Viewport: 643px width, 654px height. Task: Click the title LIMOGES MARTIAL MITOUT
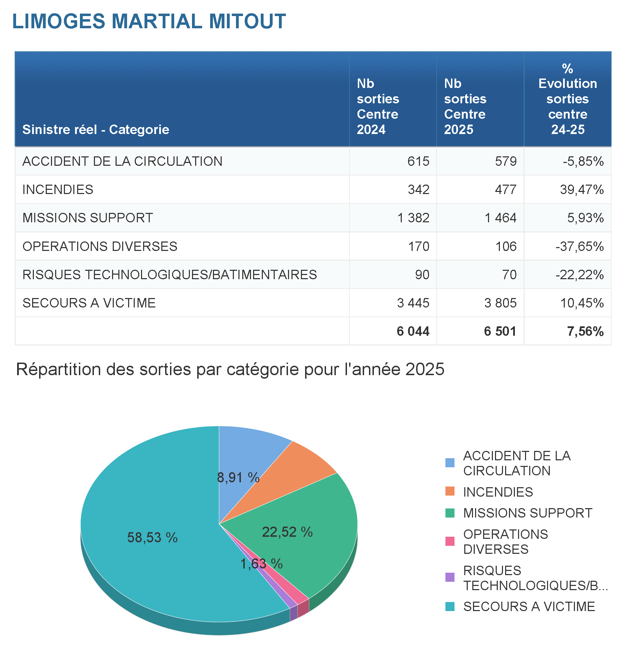coord(149,21)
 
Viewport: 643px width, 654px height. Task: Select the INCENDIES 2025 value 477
coord(505,189)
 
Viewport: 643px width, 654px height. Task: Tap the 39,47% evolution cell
coord(582,189)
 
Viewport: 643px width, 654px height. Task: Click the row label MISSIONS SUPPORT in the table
coord(88,218)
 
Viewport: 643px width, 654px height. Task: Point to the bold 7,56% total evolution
coord(585,331)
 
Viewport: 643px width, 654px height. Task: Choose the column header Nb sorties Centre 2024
coord(378,106)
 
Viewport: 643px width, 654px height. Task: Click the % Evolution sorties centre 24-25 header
coord(568,99)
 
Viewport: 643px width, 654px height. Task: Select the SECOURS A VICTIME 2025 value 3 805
coord(500,303)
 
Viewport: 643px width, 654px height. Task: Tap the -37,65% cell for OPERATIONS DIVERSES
coord(579,246)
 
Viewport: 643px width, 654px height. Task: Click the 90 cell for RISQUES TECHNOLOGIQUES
coord(422,275)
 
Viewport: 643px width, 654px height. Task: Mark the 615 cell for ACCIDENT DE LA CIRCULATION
coord(418,161)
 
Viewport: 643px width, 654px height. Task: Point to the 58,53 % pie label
coord(152,538)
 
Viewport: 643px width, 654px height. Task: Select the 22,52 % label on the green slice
coord(287,532)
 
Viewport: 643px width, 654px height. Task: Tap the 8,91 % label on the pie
coord(238,477)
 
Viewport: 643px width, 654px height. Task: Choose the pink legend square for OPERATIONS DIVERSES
coord(450,541)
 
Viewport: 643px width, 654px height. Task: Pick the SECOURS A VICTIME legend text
coord(529,607)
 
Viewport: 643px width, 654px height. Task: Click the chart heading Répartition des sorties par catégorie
coord(230,369)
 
